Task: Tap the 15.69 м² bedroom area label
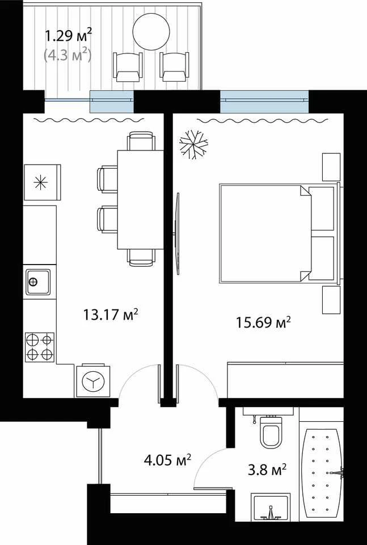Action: [x=263, y=322]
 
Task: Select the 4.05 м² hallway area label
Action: [x=167, y=460]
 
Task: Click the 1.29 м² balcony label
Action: [x=69, y=35]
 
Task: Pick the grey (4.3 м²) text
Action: [x=68, y=55]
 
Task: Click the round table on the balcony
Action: [x=151, y=32]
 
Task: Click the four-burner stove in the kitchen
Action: [x=40, y=347]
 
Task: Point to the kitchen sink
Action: [x=38, y=282]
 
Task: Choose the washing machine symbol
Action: [x=93, y=380]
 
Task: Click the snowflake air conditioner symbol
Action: [x=193, y=145]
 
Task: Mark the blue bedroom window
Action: [x=264, y=102]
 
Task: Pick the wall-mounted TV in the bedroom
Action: [x=178, y=233]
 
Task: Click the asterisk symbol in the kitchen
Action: [x=41, y=183]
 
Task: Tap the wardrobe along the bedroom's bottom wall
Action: [x=285, y=380]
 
